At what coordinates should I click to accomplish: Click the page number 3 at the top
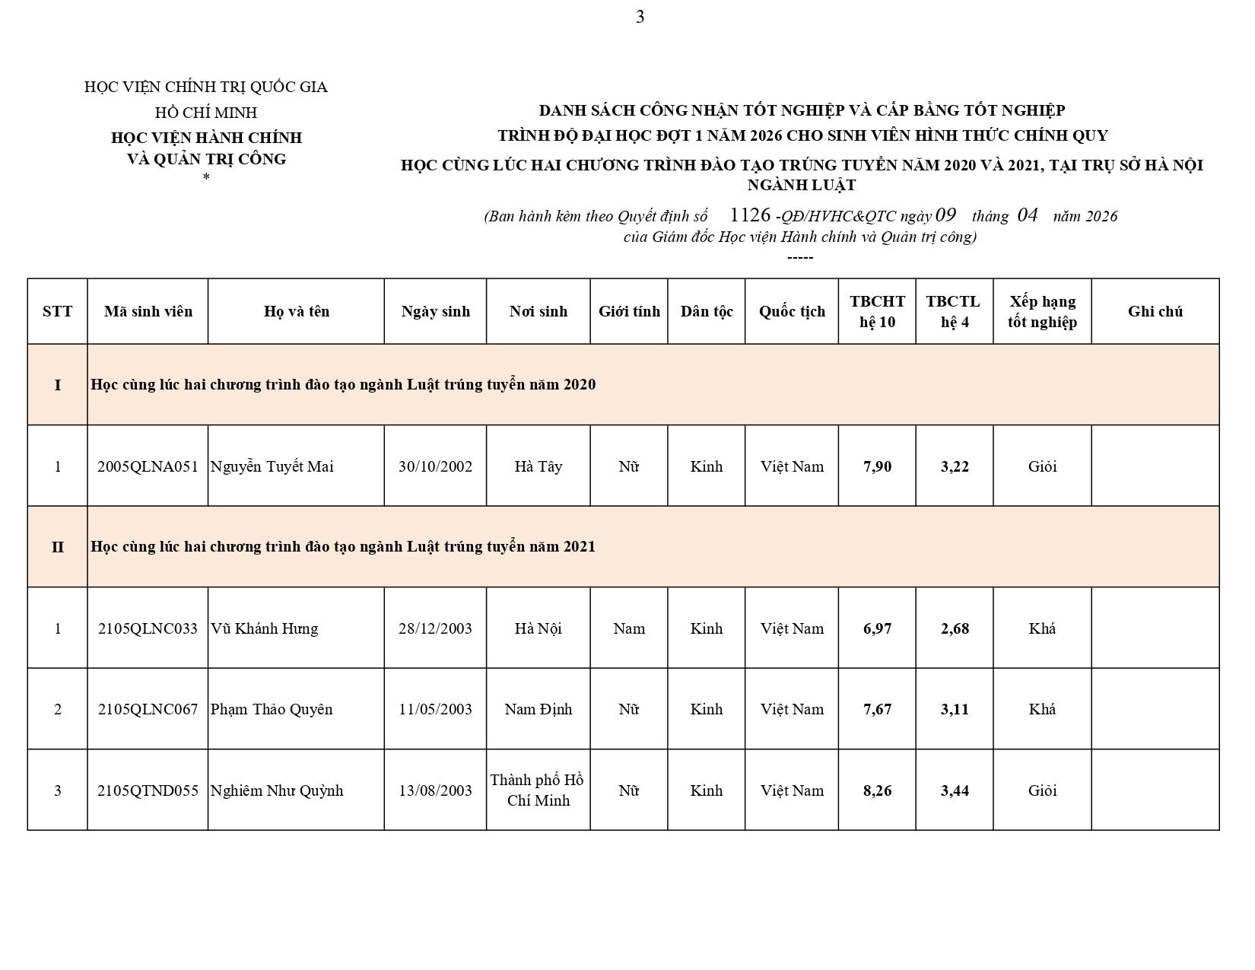[640, 17]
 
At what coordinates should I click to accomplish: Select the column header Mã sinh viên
[148, 311]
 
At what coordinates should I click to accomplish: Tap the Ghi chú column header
[1155, 311]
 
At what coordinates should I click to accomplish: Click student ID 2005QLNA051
[148, 466]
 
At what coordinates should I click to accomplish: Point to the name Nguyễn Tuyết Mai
[272, 466]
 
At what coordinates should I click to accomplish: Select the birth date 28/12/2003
[435, 628]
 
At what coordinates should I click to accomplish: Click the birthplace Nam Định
[538, 709]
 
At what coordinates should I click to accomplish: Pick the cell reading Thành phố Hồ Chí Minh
[538, 790]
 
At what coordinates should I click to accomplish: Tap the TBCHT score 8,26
[877, 790]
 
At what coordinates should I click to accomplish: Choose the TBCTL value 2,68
[955, 628]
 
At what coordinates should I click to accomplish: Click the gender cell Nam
[629, 628]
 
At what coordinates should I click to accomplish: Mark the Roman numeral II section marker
[58, 547]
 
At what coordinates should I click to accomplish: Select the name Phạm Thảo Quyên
[272, 709]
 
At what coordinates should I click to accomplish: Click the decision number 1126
[750, 215]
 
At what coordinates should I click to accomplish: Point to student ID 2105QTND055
[148, 790]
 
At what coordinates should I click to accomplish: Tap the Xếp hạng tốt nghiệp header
[1042, 311]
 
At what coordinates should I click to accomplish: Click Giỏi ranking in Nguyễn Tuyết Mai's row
[1042, 466]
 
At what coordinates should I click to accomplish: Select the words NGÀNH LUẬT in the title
[802, 185]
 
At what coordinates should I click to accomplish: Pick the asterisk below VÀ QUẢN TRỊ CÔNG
[206, 177]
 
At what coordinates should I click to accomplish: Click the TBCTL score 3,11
[955, 709]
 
